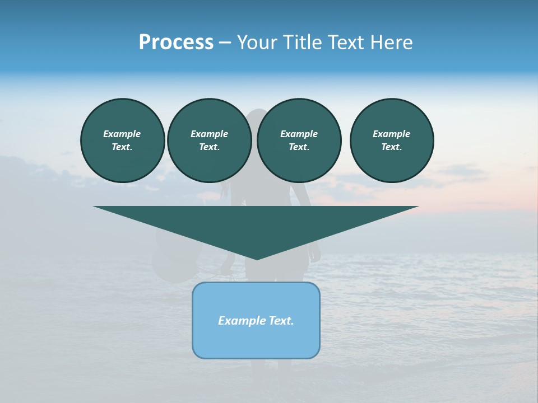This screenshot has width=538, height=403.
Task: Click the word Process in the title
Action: (176, 43)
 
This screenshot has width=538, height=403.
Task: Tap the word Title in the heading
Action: (303, 43)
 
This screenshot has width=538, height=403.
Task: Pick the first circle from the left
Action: (123, 140)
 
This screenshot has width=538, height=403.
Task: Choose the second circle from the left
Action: (209, 140)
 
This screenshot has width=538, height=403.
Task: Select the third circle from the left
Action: (299, 140)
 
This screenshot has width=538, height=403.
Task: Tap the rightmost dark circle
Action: (392, 140)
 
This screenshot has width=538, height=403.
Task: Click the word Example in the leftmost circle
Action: (122, 134)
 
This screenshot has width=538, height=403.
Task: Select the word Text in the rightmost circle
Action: (391, 147)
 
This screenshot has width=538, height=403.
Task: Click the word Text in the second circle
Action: (209, 147)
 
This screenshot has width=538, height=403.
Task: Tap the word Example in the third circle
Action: (299, 134)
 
